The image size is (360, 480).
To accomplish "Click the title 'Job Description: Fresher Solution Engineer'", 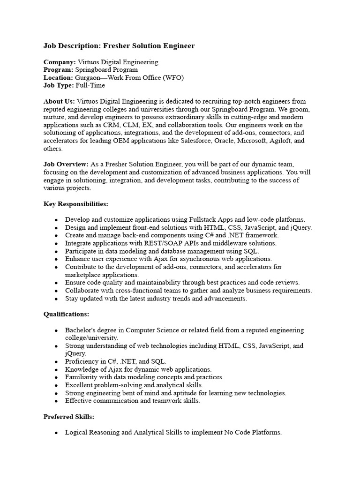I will pyautogui.click(x=119, y=46).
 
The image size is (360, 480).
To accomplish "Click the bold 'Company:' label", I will pyautogui.click(x=60, y=62).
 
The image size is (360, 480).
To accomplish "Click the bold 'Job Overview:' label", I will pyautogui.click(x=66, y=165).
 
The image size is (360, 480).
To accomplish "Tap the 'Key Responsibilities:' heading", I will pyautogui.click(x=75, y=204).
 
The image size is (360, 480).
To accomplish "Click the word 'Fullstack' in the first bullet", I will pyautogui.click(x=203, y=219).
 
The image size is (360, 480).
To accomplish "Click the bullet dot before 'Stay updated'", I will pyautogui.click(x=56, y=299).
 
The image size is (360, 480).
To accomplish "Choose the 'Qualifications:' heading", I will pyautogui.click(x=66, y=314).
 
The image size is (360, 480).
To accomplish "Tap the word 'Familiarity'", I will pyautogui.click(x=82, y=377).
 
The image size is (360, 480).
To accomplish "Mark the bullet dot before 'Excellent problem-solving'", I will pyautogui.click(x=56, y=385).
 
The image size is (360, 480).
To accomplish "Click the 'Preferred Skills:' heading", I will pyautogui.click(x=69, y=416).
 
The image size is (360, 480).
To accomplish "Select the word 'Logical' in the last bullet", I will pyautogui.click(x=77, y=432).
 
